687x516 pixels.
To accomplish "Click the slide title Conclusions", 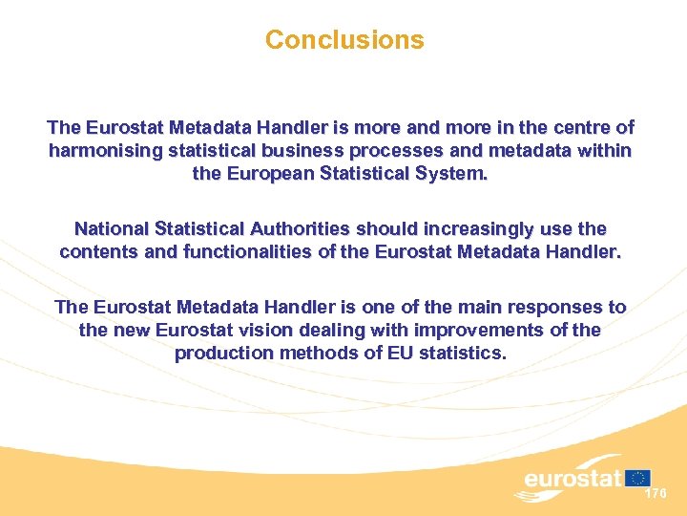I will tap(343, 40).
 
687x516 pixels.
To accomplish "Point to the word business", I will tap(297, 151).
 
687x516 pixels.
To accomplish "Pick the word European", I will tap(269, 175).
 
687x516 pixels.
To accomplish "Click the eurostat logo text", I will tap(572, 479).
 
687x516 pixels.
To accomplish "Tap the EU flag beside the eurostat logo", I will tap(638, 477).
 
